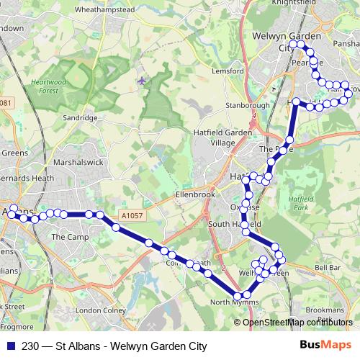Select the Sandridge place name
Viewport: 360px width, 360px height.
point(80,117)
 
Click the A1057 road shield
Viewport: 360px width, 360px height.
point(133,214)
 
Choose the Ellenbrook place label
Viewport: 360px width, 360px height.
point(195,194)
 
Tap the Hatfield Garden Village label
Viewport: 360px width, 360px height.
point(220,138)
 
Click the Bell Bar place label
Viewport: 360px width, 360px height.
point(327,267)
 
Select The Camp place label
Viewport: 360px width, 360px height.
point(69,236)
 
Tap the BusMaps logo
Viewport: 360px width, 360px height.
point(325,345)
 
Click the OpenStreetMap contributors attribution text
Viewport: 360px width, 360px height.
point(297,322)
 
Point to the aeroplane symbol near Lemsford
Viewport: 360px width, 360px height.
point(141,80)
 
